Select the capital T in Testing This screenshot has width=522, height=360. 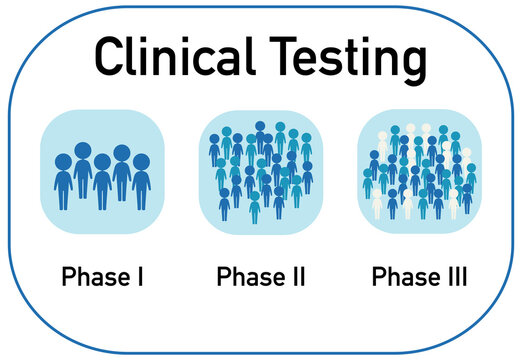280,57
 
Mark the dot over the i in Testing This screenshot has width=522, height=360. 365,40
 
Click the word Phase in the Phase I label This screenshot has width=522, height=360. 92,277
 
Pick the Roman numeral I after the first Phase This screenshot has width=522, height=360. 140,277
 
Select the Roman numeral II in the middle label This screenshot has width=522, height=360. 297,277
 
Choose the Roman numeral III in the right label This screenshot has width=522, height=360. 456,277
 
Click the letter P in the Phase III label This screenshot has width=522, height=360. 378,277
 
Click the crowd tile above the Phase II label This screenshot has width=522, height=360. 261,172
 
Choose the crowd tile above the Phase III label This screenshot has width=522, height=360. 419,172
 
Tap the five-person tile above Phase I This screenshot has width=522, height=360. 102,172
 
